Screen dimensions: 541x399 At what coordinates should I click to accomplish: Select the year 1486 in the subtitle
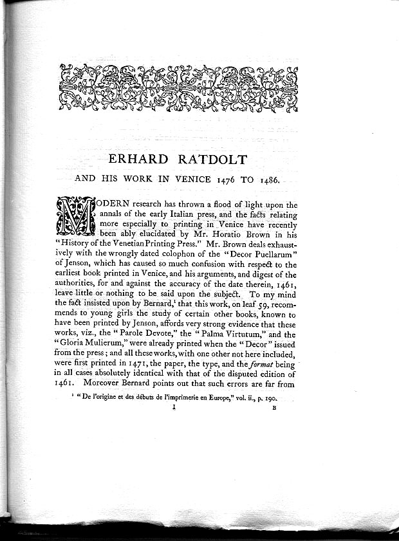pyautogui.click(x=265, y=181)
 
